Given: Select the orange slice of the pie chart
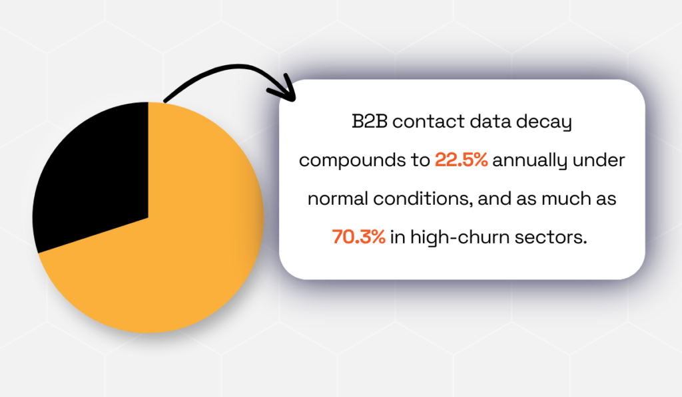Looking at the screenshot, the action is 174,243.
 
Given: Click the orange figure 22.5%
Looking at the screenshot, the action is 461,160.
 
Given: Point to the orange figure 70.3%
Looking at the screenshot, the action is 359,237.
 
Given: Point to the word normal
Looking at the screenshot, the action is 338,198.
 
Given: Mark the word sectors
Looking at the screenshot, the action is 551,237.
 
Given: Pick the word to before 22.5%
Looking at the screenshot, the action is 420,160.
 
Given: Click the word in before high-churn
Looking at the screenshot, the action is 398,237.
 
